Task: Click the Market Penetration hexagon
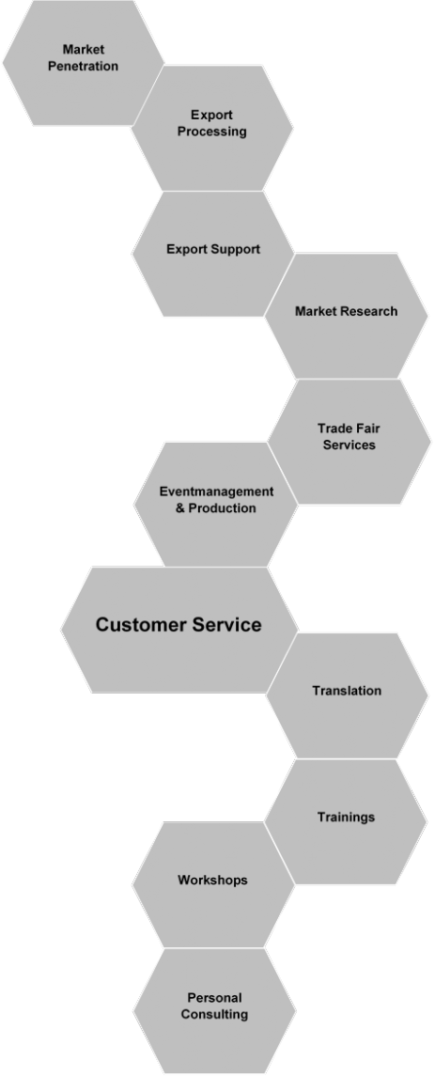(83, 62)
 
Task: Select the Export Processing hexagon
(212, 128)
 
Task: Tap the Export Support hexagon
(212, 254)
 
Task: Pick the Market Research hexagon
(346, 316)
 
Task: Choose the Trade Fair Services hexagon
(350, 442)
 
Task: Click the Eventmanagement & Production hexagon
(216, 505)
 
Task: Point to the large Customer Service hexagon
(179, 630)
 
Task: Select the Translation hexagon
(348, 695)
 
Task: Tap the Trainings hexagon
(346, 821)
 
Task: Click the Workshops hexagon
(213, 884)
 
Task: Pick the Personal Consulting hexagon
(215, 1011)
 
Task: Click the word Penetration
(83, 67)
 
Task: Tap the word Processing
(212, 132)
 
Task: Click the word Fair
(367, 429)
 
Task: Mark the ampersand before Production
(180, 508)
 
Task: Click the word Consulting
(215, 1014)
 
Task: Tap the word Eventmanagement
(216, 491)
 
